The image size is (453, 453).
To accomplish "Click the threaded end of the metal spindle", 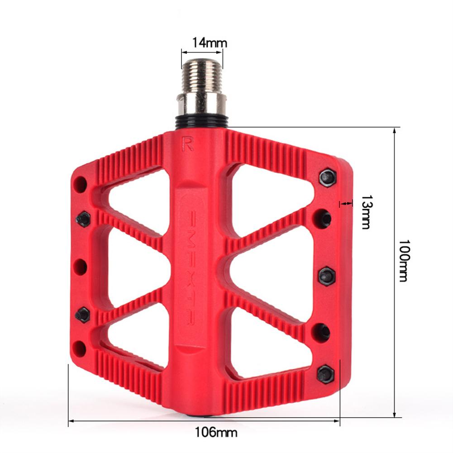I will coord(202,75).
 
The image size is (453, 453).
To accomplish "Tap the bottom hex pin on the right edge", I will coord(325,374).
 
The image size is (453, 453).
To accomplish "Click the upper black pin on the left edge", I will coord(83,219).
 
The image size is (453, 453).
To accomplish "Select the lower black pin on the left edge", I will coord(83,314).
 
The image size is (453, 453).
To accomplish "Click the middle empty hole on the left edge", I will coord(81,267).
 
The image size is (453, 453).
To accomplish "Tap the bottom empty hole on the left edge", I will coord(80,348).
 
